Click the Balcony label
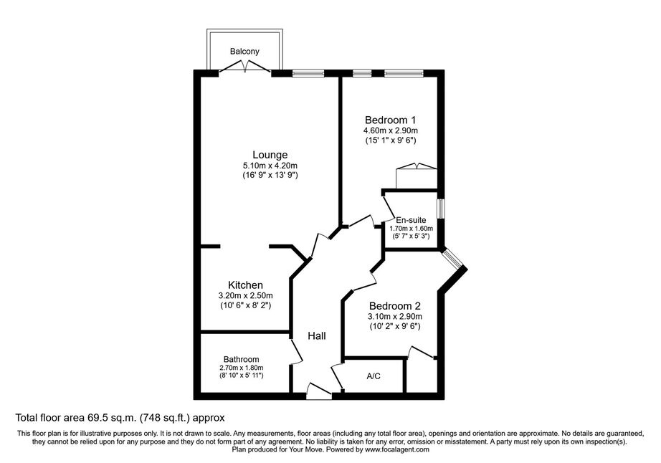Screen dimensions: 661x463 pyautogui.click(x=244, y=52)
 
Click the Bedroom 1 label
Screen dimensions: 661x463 pyautogui.click(x=390, y=120)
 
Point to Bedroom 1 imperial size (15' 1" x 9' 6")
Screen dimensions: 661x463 pyautogui.click(x=390, y=140)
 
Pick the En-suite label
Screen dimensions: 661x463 pyautogui.click(x=411, y=220)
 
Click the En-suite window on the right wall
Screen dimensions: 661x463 pyautogui.click(x=440, y=209)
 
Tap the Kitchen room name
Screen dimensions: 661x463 pyautogui.click(x=245, y=285)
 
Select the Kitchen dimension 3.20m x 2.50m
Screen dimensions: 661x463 pyautogui.click(x=245, y=296)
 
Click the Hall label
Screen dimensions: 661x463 pyautogui.click(x=317, y=335)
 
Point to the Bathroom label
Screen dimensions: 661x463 pyautogui.click(x=241, y=359)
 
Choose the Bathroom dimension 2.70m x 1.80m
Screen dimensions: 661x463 pyautogui.click(x=241, y=368)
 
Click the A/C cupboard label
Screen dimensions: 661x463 pyautogui.click(x=374, y=376)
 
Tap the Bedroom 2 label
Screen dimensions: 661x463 pyautogui.click(x=395, y=306)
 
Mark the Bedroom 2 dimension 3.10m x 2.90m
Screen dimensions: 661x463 pyautogui.click(x=395, y=317)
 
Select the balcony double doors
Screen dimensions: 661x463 pyautogui.click(x=245, y=67)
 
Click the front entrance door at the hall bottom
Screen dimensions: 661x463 pyautogui.click(x=319, y=391)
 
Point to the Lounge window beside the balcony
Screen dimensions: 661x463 pyautogui.click(x=308, y=73)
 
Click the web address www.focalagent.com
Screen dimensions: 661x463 pyautogui.click(x=397, y=449)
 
